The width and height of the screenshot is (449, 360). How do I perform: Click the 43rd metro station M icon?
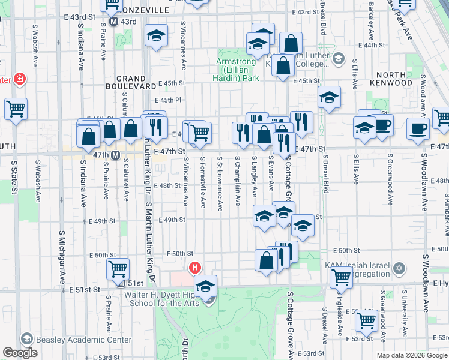[x=113, y=22]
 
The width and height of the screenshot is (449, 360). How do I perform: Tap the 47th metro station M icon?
[x=116, y=155]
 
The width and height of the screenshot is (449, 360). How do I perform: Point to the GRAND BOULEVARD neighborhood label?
[x=131, y=83]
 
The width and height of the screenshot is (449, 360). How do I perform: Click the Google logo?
[x=20, y=353]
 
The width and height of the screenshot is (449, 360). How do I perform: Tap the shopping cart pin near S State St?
[x=16, y=110]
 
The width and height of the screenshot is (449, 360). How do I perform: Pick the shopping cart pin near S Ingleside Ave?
[x=341, y=277]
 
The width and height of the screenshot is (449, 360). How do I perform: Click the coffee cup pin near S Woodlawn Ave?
[x=418, y=128]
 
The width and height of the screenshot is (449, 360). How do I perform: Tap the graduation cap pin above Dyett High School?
[x=205, y=286]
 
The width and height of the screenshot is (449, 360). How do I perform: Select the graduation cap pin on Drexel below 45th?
[x=329, y=97]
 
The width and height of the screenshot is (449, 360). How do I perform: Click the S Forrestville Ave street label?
[x=203, y=182]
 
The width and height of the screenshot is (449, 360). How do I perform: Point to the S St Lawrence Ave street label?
[x=220, y=184]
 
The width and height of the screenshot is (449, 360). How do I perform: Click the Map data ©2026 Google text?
[x=411, y=355]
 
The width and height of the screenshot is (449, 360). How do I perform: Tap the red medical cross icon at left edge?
[x=20, y=79]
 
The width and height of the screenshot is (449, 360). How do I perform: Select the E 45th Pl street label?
[x=167, y=100]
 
